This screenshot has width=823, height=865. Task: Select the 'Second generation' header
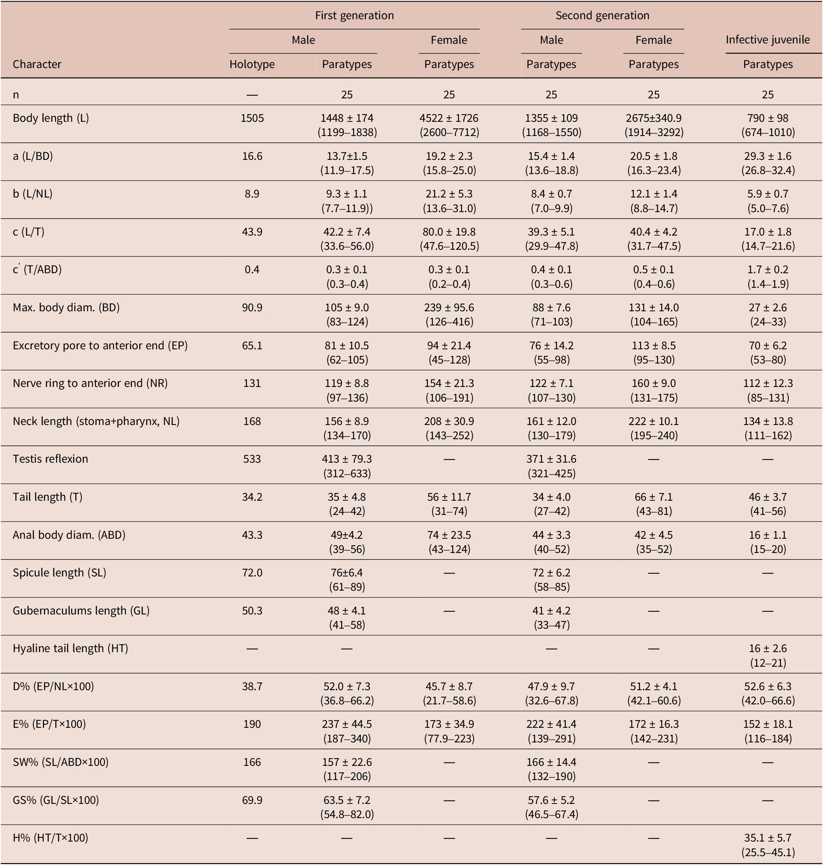(x=602, y=16)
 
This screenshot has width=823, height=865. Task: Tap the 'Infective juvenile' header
(x=767, y=40)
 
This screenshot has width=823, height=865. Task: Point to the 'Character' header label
(x=37, y=65)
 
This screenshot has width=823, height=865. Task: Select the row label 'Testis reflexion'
(x=50, y=459)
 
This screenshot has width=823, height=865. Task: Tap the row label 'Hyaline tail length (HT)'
(x=70, y=649)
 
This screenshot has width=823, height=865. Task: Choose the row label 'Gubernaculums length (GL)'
(x=81, y=611)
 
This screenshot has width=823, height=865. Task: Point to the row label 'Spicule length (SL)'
(x=59, y=573)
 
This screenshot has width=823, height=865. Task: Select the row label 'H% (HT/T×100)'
(x=50, y=838)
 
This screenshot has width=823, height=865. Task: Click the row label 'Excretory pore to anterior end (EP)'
(x=100, y=346)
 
